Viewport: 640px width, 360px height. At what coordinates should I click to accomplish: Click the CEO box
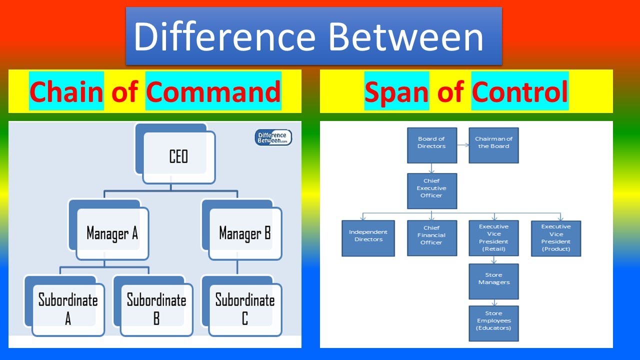[178, 157]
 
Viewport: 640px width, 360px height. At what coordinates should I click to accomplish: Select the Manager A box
[112, 233]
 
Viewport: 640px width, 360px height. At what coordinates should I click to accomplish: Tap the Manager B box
[244, 233]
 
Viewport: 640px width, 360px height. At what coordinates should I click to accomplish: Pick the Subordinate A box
[68, 309]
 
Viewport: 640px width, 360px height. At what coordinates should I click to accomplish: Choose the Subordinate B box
[156, 309]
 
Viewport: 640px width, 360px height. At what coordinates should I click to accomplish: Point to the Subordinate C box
[244, 309]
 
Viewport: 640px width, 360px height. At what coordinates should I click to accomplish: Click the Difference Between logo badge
[273, 137]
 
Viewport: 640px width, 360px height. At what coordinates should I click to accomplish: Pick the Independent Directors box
[368, 238]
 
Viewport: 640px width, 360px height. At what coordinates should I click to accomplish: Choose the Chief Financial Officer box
[432, 238]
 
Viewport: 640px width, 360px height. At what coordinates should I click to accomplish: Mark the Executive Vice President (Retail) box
[493, 238]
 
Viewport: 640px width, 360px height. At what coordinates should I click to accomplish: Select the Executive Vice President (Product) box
[556, 238]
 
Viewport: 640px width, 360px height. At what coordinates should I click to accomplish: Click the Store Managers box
[493, 281]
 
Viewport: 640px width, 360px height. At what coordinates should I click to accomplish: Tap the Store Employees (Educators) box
[493, 323]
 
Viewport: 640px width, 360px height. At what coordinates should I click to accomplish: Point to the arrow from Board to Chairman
[463, 145]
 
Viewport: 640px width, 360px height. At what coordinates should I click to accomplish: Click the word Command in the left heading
[213, 91]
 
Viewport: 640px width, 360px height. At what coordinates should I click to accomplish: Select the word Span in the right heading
[396, 91]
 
